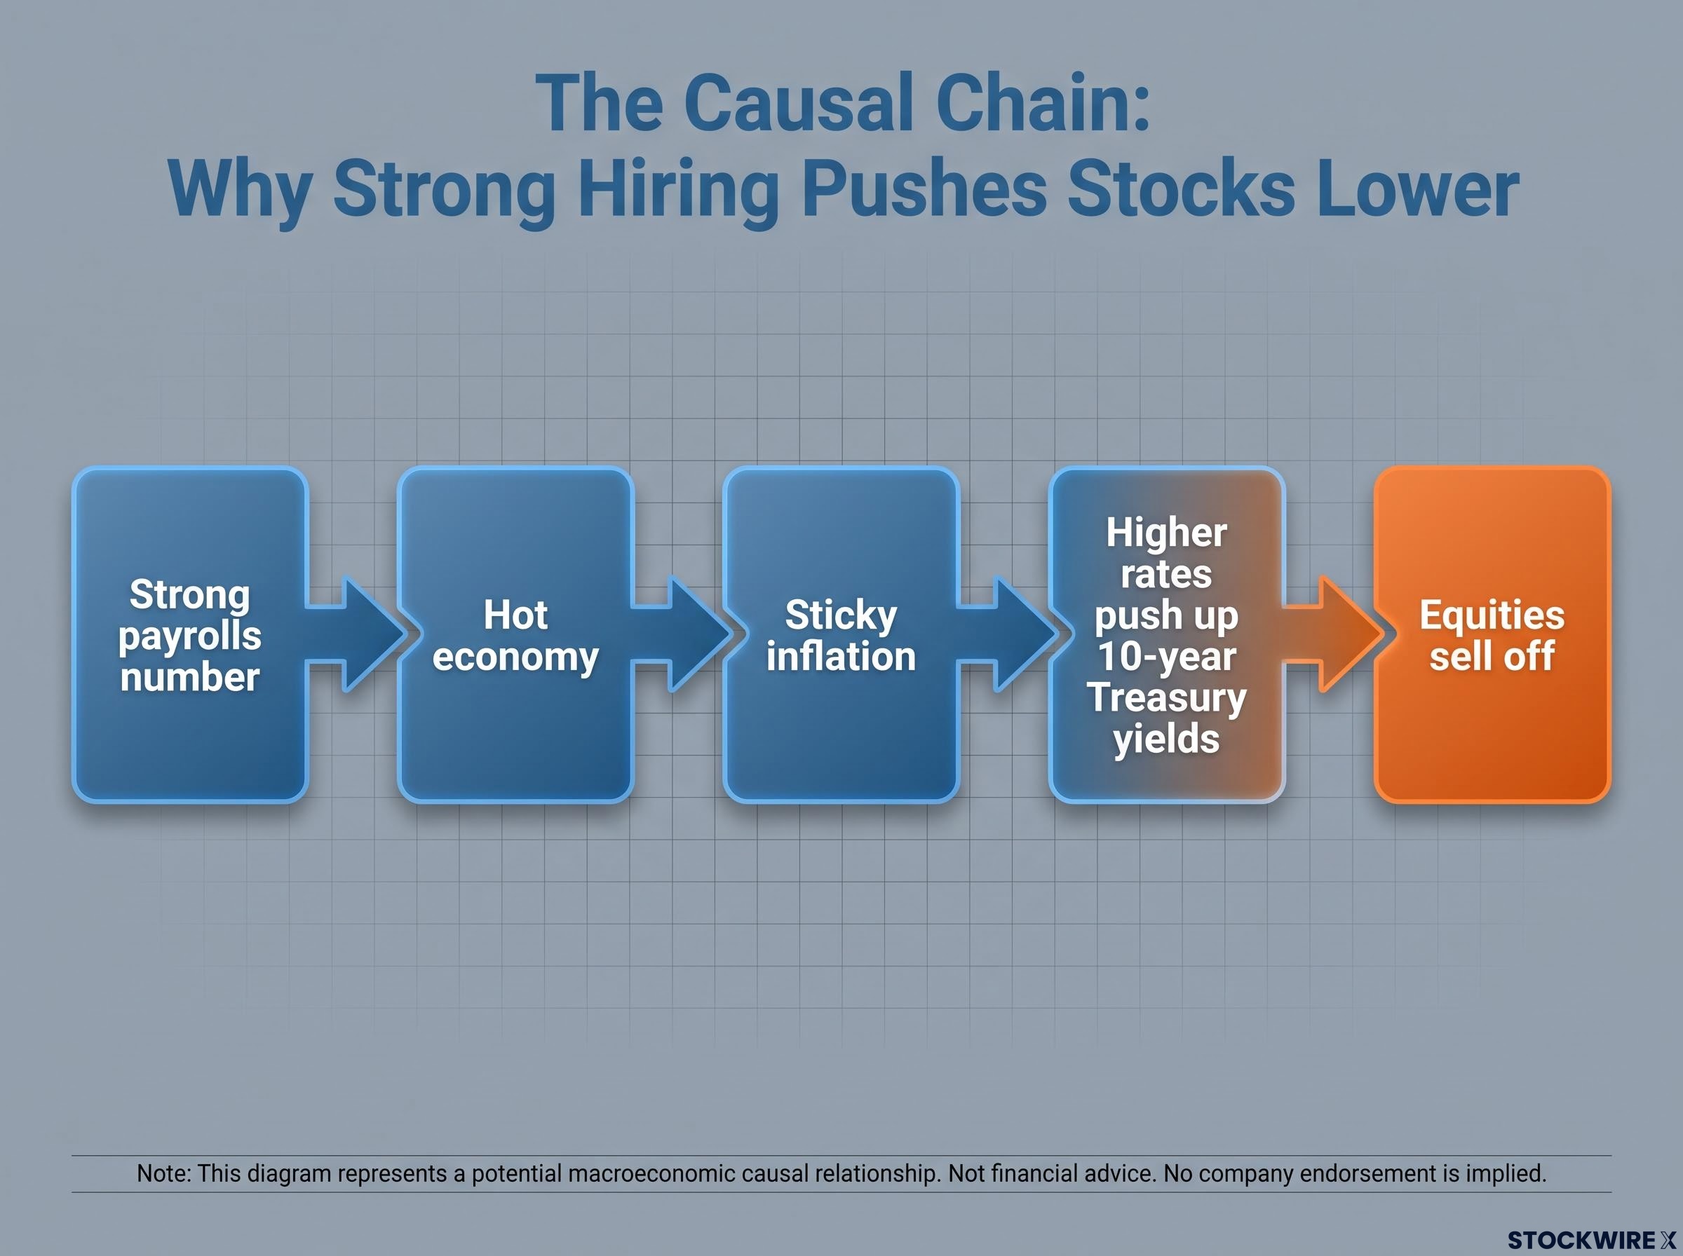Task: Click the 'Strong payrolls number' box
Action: [x=190, y=635]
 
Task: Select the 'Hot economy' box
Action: [x=515, y=635]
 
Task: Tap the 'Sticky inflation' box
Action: [x=841, y=635]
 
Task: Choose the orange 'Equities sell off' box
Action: [x=1492, y=635]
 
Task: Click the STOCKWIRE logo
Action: [x=1591, y=1240]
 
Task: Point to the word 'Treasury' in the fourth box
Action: [x=1167, y=698]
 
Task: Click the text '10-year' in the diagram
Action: [x=1167, y=656]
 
